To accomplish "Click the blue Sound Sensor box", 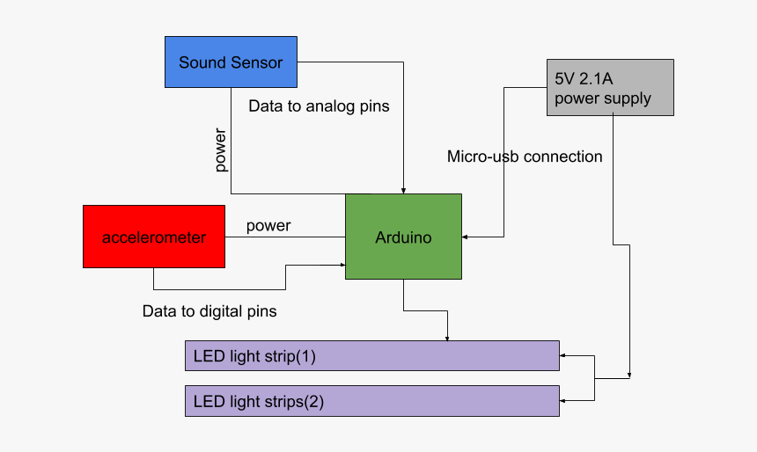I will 231,62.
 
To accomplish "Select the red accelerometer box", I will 154,237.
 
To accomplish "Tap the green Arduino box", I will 403,237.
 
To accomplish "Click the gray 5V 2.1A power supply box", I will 610,87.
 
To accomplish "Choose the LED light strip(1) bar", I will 371,356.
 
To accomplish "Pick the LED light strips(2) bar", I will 371,401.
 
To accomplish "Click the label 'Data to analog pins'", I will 319,106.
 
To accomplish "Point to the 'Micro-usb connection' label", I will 525,157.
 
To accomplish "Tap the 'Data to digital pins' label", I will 209,311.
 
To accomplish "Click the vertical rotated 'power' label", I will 221,150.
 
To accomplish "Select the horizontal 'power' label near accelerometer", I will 268,226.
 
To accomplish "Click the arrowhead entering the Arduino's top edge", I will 403,190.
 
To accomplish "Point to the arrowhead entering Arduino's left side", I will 341,262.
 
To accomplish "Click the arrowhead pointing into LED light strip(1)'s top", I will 448,337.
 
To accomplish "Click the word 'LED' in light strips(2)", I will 209,402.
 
